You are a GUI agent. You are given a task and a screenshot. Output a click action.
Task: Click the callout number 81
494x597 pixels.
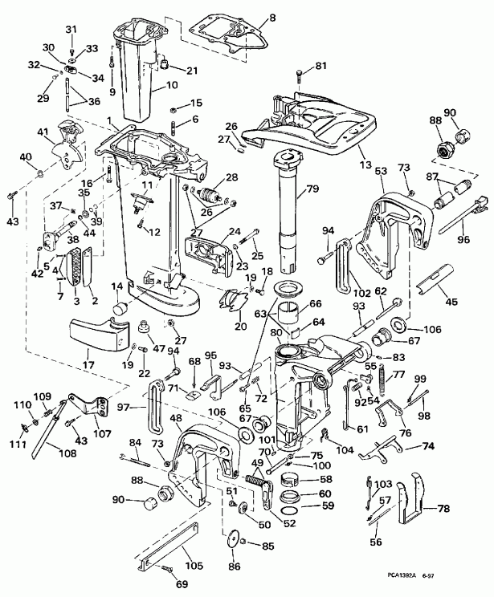pyautogui.click(x=320, y=65)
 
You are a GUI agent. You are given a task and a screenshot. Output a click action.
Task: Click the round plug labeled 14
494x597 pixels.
pyautogui.click(x=120, y=308)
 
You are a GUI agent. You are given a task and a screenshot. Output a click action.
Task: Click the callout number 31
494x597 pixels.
pyautogui.click(x=70, y=30)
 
